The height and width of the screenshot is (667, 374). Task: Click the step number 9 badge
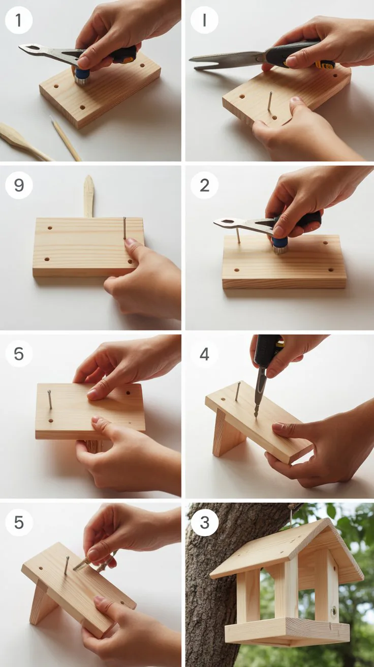tap(19, 185)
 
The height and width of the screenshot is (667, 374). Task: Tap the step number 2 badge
tap(204, 185)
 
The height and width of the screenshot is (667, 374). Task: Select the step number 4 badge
tap(204, 354)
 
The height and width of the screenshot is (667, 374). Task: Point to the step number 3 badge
tap(204, 523)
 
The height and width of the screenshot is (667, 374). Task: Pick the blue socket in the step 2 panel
tap(279, 246)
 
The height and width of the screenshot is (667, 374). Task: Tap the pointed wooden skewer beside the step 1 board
tap(66, 138)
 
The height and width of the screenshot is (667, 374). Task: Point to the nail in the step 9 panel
tap(124, 228)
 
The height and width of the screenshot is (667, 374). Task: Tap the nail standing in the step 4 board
tap(238, 391)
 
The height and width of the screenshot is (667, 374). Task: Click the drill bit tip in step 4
tap(256, 415)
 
